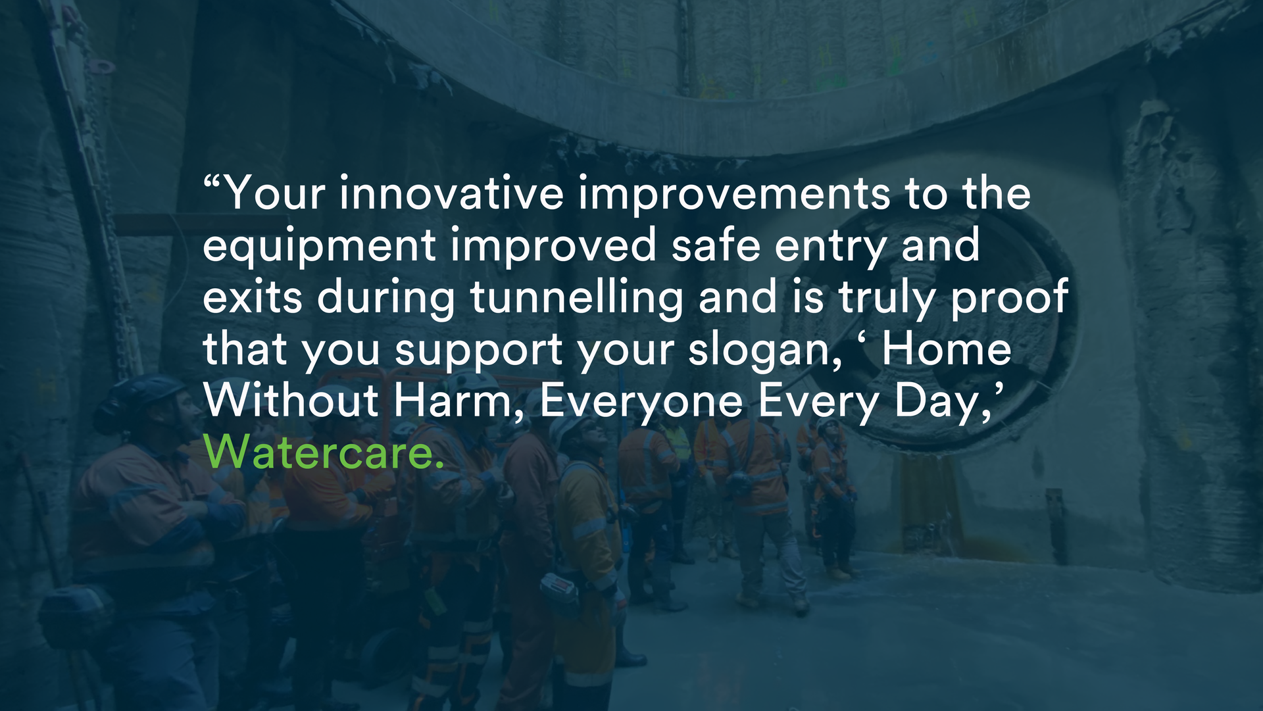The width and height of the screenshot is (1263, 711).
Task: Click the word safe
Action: [716, 245]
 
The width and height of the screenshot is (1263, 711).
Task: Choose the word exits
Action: [253, 297]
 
